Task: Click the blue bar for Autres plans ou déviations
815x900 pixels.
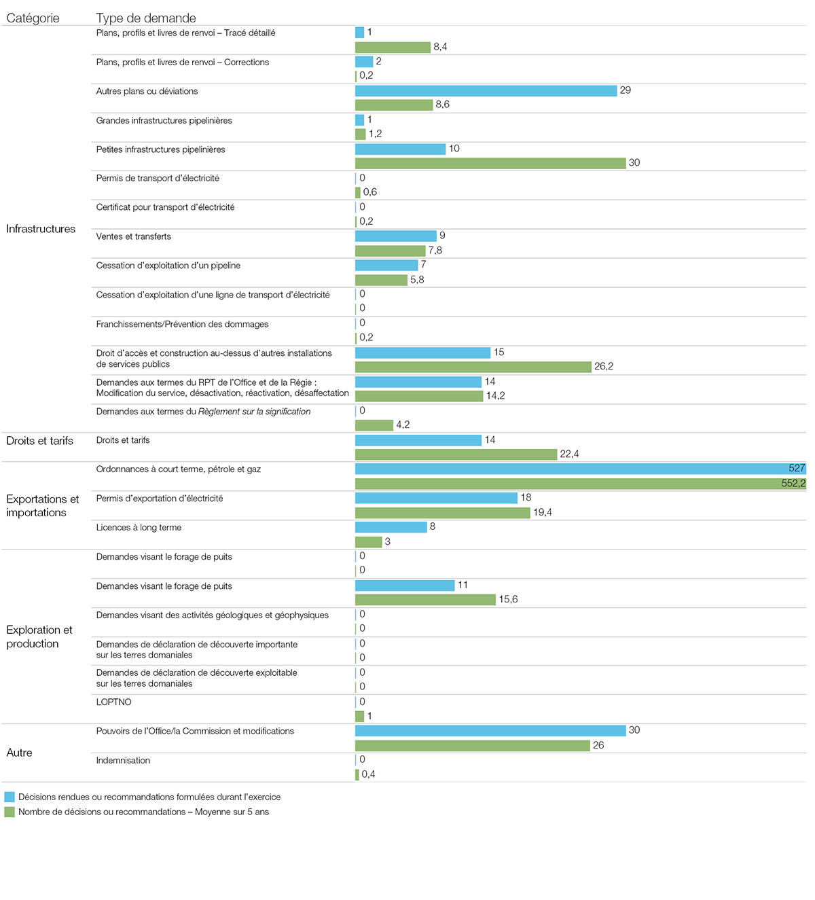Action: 486,91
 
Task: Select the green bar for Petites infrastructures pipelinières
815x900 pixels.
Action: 490,164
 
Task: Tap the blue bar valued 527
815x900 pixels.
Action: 580,469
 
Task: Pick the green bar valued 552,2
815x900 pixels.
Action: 580,484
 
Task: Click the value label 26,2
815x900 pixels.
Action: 603,367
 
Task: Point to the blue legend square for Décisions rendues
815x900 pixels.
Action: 10,797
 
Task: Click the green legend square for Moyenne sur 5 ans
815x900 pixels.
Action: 10,812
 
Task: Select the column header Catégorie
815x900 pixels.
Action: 33,18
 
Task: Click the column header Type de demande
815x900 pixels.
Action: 146,18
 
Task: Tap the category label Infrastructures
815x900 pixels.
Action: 41,229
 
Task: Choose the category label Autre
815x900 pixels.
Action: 19,753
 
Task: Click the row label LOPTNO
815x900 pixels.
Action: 113,702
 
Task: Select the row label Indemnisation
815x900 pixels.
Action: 123,761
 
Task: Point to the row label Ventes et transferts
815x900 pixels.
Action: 133,236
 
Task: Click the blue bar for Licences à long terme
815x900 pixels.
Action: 391,527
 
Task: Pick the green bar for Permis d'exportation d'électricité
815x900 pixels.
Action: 442,513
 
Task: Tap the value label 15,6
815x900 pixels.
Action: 508,600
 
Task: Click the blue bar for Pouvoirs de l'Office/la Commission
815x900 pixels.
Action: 490,731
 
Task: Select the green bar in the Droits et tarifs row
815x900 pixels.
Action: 456,454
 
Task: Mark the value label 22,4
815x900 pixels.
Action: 569,454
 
